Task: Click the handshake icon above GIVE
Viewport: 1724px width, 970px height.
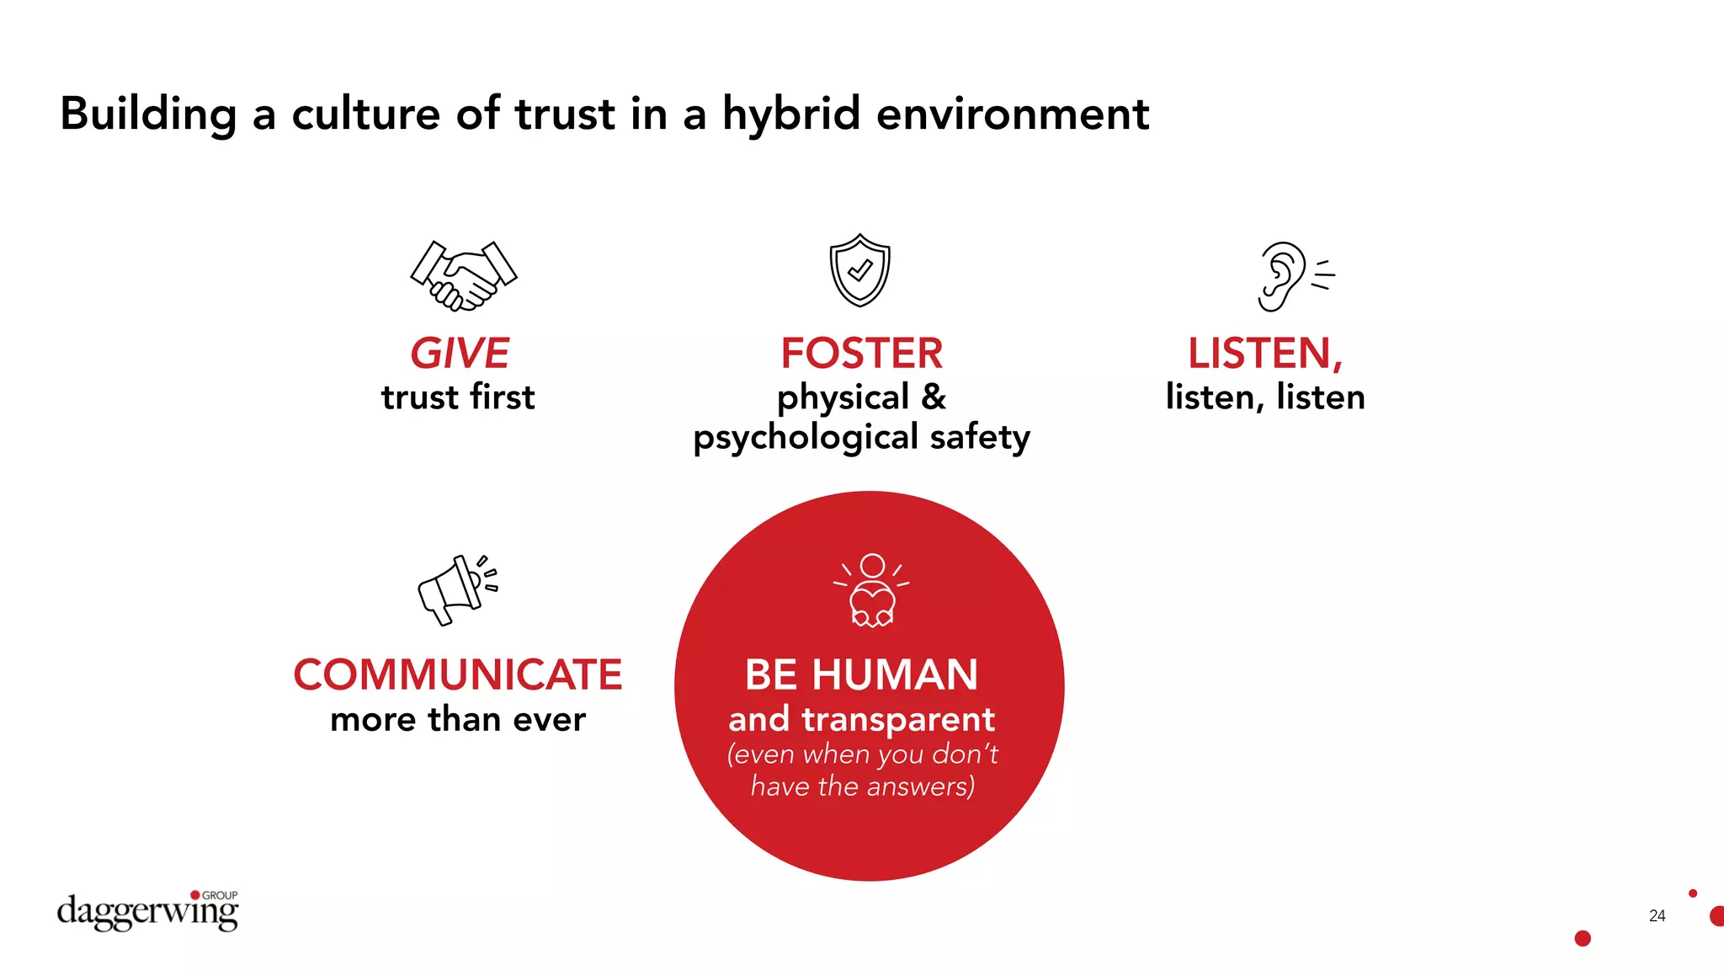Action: (463, 276)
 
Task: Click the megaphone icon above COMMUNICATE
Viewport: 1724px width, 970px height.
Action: (457, 589)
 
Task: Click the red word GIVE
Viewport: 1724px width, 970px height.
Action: (460, 354)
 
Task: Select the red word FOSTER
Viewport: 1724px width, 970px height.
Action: (861, 354)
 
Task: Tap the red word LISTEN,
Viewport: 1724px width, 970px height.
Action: (1264, 354)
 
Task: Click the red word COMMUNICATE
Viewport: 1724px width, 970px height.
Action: (457, 675)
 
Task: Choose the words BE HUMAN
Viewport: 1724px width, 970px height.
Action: (861, 675)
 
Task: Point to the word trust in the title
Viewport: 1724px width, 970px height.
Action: (565, 115)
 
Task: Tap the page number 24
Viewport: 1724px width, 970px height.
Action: (1657, 916)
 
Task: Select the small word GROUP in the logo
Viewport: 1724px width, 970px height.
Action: (220, 895)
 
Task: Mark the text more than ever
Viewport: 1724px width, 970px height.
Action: (457, 720)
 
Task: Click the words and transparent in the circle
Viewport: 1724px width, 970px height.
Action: (861, 720)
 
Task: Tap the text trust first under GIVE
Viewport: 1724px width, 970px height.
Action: (457, 397)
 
